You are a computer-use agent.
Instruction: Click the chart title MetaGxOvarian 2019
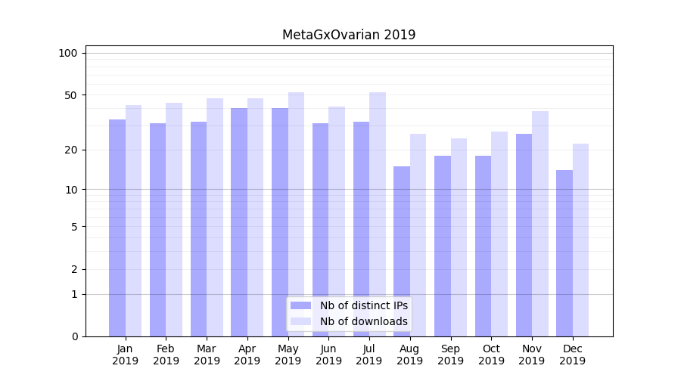(x=349, y=35)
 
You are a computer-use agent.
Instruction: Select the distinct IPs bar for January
(x=117, y=227)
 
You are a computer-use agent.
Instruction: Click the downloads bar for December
(x=580, y=240)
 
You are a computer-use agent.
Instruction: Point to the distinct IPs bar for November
(x=524, y=234)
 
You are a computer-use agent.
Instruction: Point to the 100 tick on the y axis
(x=68, y=53)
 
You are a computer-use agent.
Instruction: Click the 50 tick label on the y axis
(x=71, y=95)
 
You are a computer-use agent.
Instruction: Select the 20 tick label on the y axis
(x=71, y=150)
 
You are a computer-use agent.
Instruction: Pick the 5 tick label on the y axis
(x=74, y=226)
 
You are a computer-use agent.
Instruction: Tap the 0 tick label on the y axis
(x=74, y=336)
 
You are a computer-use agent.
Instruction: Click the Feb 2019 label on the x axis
(x=166, y=355)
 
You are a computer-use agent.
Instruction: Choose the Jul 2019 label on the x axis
(x=369, y=355)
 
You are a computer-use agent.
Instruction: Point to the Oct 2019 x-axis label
(x=491, y=355)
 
